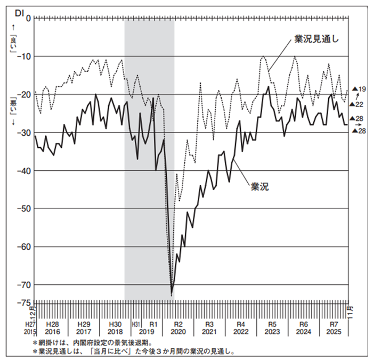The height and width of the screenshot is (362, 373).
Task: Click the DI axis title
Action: point(19,12)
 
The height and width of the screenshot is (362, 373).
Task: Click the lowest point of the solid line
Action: point(172,295)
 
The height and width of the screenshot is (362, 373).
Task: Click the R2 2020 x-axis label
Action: point(179,327)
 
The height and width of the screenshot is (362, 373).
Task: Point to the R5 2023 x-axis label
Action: point(272,327)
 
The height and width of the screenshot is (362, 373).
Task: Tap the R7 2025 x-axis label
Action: point(334,327)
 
